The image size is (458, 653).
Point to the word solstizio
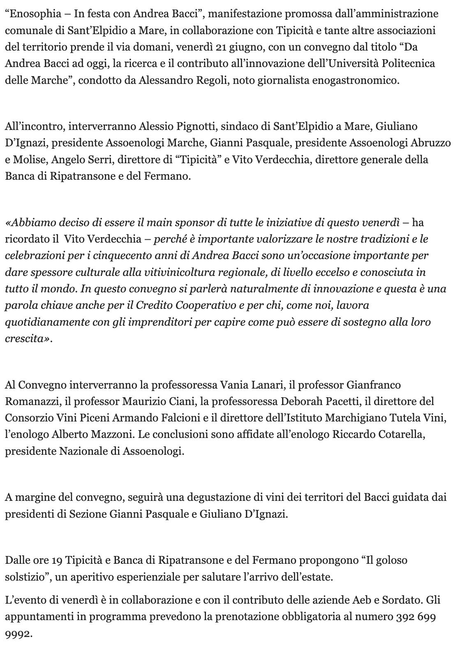coord(25,577)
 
